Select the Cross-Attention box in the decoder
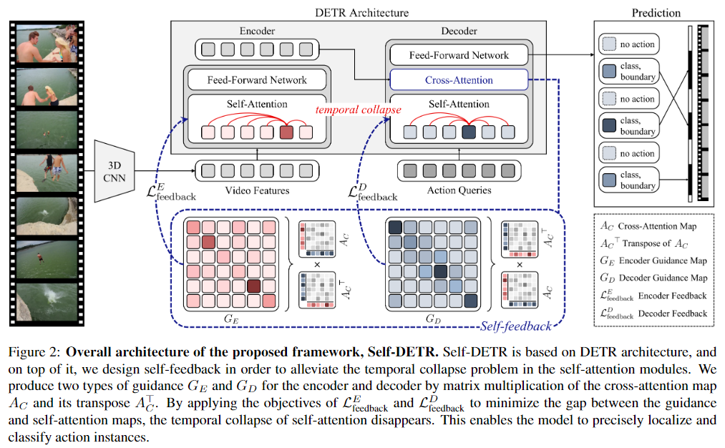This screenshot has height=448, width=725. pos(458,79)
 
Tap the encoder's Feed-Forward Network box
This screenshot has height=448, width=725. pos(256,79)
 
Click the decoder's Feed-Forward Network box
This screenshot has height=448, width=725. pos(458,55)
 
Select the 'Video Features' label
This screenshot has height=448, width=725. pos(257,190)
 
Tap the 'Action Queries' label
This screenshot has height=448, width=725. pos(459,190)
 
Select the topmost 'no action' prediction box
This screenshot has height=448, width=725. pos(628,44)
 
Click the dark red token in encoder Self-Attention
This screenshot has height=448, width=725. pos(286,132)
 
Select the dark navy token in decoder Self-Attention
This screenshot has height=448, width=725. pos(469,132)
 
